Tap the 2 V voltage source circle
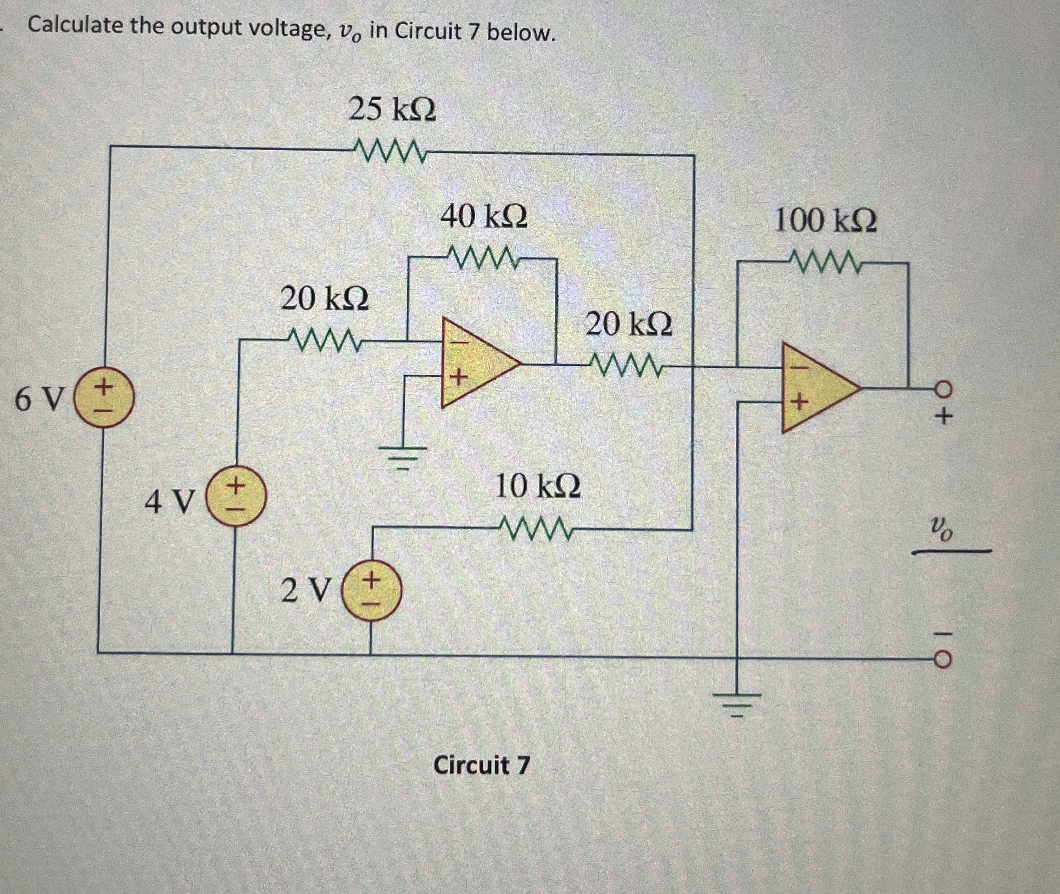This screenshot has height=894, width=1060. click(x=372, y=591)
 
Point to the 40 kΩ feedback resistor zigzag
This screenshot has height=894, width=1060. click(x=482, y=258)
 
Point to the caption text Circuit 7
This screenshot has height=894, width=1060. click(x=481, y=765)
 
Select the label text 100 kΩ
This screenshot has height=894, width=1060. click(x=826, y=221)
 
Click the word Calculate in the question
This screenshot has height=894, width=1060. click(x=75, y=25)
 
